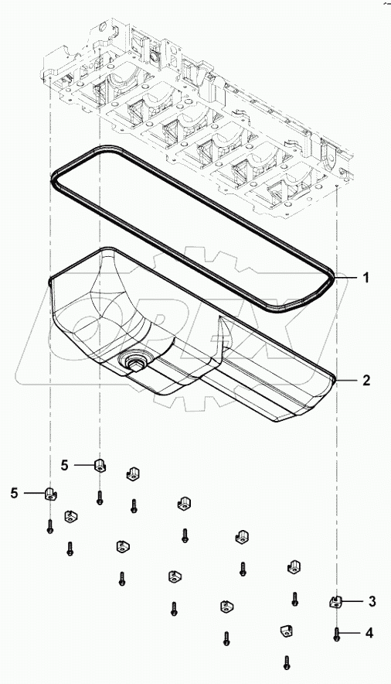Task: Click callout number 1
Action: coord(368,277)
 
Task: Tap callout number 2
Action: coord(368,380)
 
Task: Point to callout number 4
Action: coord(369,633)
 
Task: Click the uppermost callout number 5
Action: coord(65,464)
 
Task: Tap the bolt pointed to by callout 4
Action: coord(338,634)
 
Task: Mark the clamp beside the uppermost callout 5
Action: coord(100,465)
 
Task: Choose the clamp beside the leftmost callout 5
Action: coord(50,493)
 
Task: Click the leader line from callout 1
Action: coord(348,277)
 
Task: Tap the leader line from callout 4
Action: coord(352,633)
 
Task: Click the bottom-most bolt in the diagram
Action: coord(286,662)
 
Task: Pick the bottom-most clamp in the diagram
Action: coord(285,631)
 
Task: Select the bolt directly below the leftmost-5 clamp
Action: coord(50,526)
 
